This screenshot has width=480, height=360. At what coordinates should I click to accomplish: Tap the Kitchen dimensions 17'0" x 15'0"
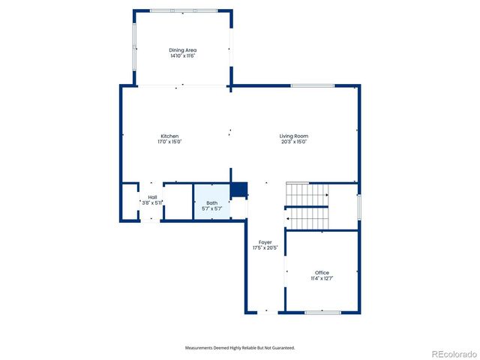point(169,142)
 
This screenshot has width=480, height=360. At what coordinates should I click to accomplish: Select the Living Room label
point(294,136)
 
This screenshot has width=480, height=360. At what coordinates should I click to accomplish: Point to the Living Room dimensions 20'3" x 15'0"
point(294,142)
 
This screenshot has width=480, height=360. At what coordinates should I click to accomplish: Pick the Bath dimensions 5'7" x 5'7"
point(212,208)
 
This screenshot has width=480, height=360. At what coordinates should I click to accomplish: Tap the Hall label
point(152,197)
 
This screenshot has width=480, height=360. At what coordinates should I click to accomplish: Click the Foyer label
point(265,242)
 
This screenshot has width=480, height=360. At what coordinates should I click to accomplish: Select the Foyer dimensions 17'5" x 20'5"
point(265,247)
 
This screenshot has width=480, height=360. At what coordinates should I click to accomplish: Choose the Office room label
point(322,272)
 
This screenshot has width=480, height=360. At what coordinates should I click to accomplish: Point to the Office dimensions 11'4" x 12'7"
point(322,278)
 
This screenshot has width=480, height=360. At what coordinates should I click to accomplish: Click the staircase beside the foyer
point(307,205)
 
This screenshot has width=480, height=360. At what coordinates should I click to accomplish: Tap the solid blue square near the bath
point(238,190)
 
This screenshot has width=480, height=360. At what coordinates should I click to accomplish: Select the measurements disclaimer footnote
point(240,348)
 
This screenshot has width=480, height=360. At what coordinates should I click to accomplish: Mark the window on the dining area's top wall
point(183,10)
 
